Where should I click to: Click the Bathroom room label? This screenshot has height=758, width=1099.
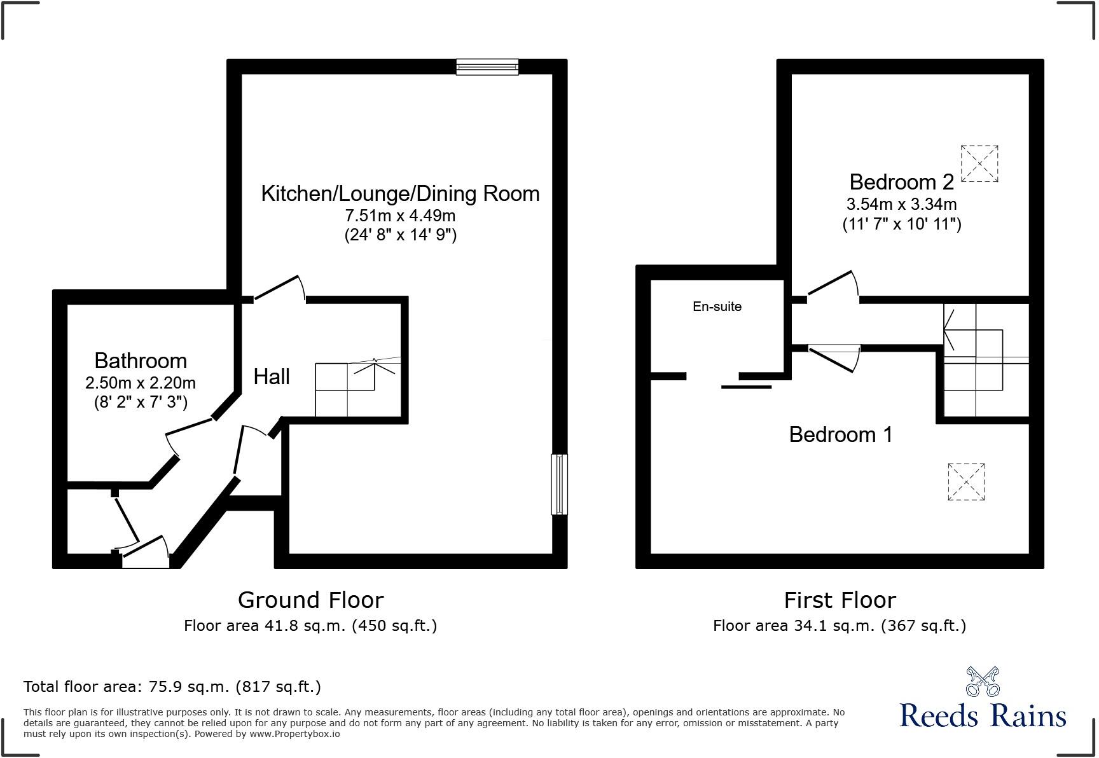[141, 361]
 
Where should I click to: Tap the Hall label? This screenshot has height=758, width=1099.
[272, 377]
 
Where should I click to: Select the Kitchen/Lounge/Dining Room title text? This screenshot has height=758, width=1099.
[400, 194]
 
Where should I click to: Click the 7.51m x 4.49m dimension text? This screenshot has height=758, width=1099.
[400, 216]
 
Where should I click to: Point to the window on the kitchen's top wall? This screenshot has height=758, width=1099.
[487, 67]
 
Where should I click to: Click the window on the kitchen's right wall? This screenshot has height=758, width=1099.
[559, 484]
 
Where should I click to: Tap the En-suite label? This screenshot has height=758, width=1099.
[717, 307]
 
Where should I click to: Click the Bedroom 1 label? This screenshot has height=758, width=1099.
[841, 435]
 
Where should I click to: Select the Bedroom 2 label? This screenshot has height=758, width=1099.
[901, 183]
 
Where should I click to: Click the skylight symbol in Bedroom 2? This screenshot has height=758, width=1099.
[979, 164]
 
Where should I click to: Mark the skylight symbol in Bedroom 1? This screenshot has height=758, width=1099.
[966, 482]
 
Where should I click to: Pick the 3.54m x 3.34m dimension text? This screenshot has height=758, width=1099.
[901, 205]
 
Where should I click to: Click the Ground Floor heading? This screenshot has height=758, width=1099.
[310, 600]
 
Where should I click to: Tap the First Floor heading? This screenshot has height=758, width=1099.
[840, 600]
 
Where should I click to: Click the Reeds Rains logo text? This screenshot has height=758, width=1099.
[983, 716]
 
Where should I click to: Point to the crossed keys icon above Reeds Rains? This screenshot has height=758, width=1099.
[983, 682]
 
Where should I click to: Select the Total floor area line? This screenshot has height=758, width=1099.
[172, 687]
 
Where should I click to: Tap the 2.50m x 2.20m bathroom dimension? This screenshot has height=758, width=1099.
[141, 383]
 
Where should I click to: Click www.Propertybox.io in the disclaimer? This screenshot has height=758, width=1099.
[294, 734]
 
